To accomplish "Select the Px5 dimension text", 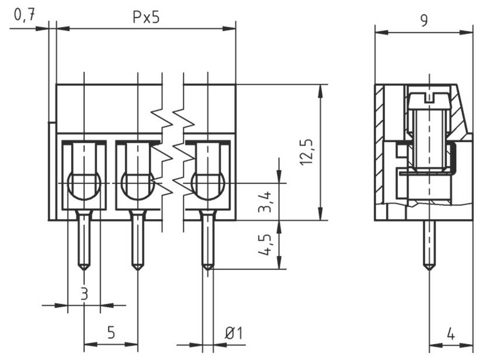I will [x=145, y=18].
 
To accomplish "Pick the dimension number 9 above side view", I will [x=424, y=20].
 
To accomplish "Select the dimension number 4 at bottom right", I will [x=451, y=335].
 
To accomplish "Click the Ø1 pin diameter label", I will [x=234, y=334].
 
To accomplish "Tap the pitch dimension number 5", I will [x=111, y=333].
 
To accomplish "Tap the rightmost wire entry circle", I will [x=207, y=186].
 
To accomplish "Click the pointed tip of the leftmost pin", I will [x=84, y=268].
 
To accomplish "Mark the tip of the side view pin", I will [x=429, y=268].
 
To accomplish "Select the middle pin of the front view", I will [x=138, y=240].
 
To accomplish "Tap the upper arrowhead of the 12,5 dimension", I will [x=320, y=89].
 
